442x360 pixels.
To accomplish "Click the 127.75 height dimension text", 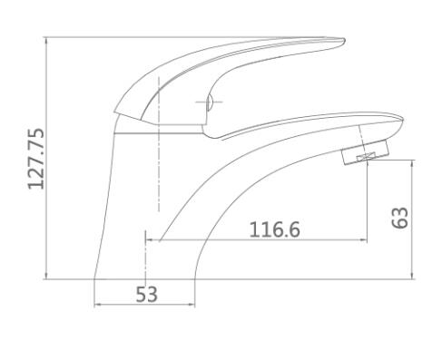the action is (36, 160).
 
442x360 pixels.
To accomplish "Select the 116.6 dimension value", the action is (274, 229).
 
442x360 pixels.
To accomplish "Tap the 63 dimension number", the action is (399, 218).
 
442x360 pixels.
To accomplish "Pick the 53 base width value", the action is (147, 295).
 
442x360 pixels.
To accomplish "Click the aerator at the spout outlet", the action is (365, 152).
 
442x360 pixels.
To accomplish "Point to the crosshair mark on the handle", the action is (209, 102).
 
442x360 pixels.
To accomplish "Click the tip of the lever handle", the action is (344, 40).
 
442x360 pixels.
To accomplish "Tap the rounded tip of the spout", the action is (402, 120).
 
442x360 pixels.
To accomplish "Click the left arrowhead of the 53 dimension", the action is (97, 305).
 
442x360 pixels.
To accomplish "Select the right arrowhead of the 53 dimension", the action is (192, 305).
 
